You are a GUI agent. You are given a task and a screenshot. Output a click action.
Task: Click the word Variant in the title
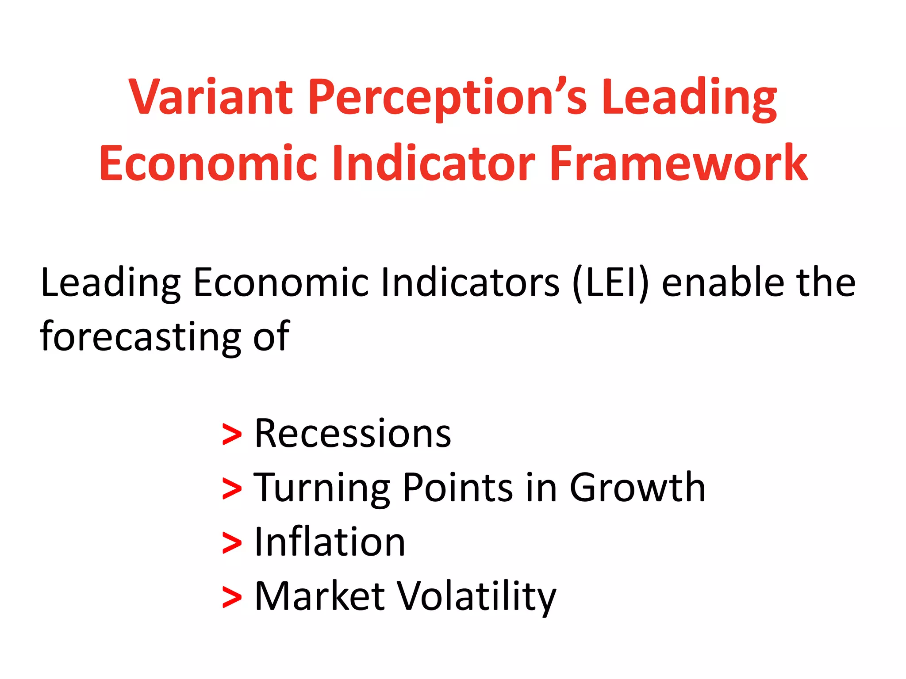pyautogui.click(x=211, y=97)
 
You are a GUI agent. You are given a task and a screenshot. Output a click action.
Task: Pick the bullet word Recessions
pyautogui.click(x=353, y=434)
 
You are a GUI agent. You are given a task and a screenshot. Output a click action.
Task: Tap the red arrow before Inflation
pyautogui.click(x=232, y=543)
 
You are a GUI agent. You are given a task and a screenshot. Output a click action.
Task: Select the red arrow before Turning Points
pyautogui.click(x=232, y=489)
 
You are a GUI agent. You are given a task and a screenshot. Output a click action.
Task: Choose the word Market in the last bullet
pyautogui.click(x=319, y=597)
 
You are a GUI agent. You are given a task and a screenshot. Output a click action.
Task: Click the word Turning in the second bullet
pyautogui.click(x=322, y=488)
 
